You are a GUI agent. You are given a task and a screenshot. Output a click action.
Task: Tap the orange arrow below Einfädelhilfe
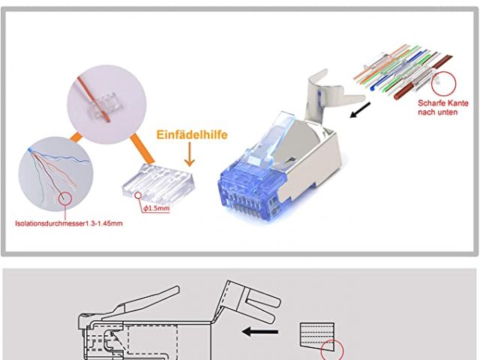(188, 155)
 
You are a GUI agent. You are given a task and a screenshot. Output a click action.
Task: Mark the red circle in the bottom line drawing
(331, 350)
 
